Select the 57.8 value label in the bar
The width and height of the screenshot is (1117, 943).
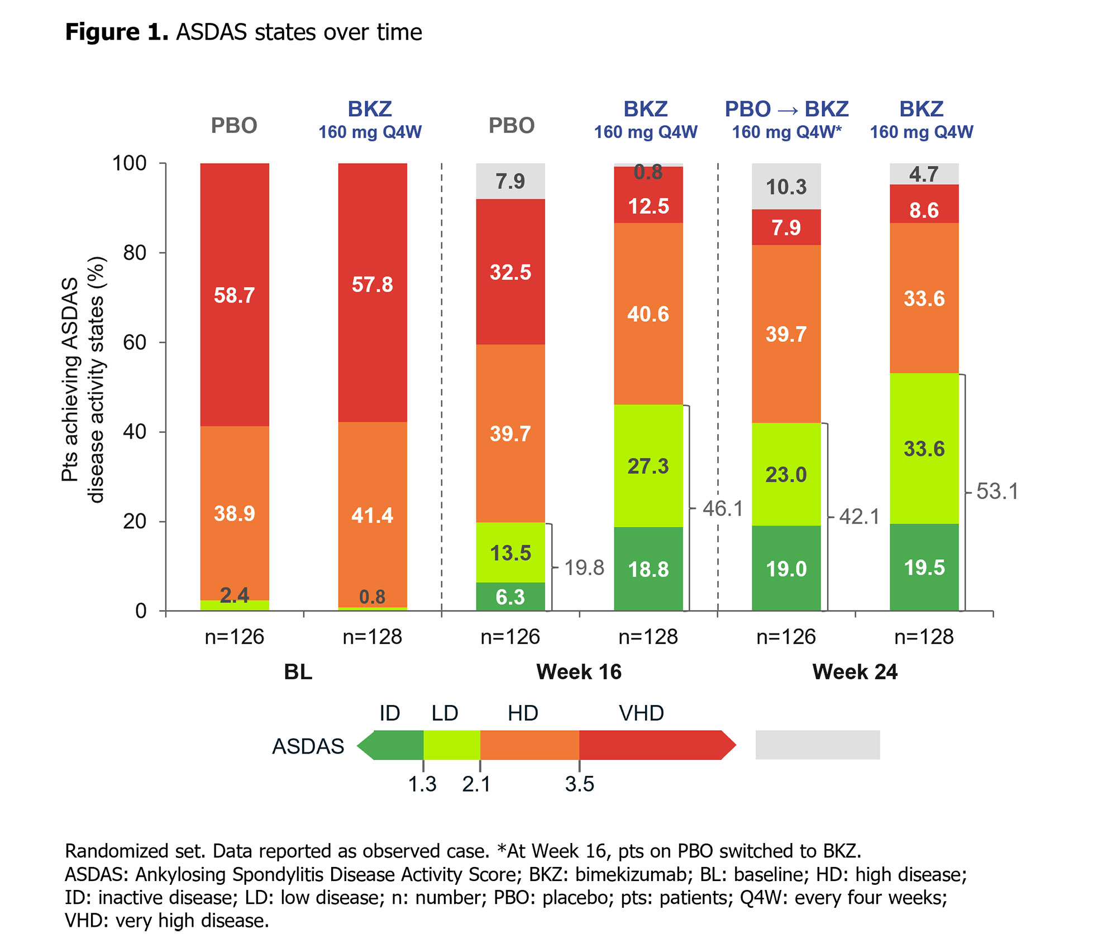[372, 285]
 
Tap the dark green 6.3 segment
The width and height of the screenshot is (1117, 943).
[510, 597]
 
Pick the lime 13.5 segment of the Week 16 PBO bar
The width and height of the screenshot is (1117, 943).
[510, 553]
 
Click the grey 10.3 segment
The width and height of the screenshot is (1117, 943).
[786, 187]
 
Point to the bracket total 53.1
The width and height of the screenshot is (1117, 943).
[997, 492]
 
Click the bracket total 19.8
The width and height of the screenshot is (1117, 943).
[584, 568]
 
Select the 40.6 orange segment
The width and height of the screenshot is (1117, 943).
[648, 314]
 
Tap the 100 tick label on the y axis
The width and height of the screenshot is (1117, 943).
[130, 163]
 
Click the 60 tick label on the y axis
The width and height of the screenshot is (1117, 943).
[135, 342]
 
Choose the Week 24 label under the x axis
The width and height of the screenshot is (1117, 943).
[855, 671]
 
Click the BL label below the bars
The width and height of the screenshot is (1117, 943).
[298, 671]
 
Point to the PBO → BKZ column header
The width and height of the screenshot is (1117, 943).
[786, 109]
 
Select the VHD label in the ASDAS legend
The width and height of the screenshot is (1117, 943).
[641, 713]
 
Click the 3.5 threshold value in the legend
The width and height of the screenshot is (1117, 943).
[579, 784]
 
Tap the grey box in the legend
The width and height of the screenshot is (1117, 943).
[817, 745]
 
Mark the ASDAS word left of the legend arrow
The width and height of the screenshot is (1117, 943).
[308, 746]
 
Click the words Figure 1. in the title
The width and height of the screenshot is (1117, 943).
[117, 32]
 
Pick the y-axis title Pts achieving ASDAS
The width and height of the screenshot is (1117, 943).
[70, 380]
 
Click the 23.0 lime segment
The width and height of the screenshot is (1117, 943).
[786, 474]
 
